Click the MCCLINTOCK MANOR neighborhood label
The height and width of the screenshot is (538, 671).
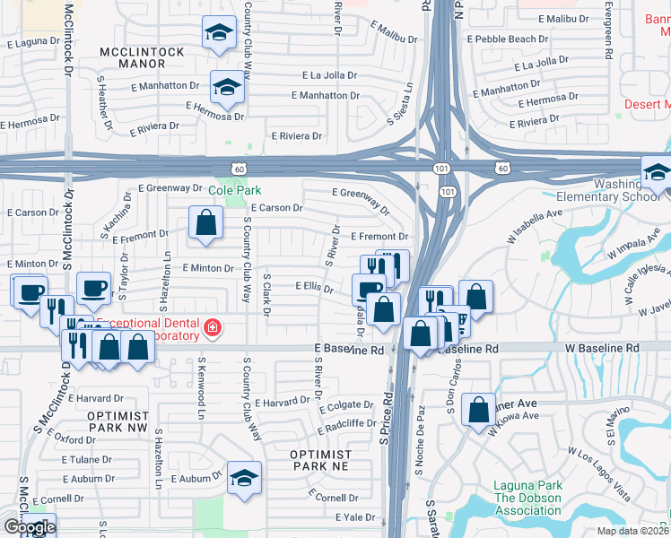coord(142,58)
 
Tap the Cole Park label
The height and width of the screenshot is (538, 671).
coord(235,191)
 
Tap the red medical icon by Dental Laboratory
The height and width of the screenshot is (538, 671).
coord(212,329)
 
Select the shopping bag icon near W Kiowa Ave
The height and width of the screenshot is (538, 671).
coord(480,410)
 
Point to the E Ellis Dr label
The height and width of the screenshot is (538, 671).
coord(314,288)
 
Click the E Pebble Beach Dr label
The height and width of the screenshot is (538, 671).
coord(508,39)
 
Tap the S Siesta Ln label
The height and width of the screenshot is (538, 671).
coord(400,103)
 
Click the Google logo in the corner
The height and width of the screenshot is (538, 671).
coord(29,527)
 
